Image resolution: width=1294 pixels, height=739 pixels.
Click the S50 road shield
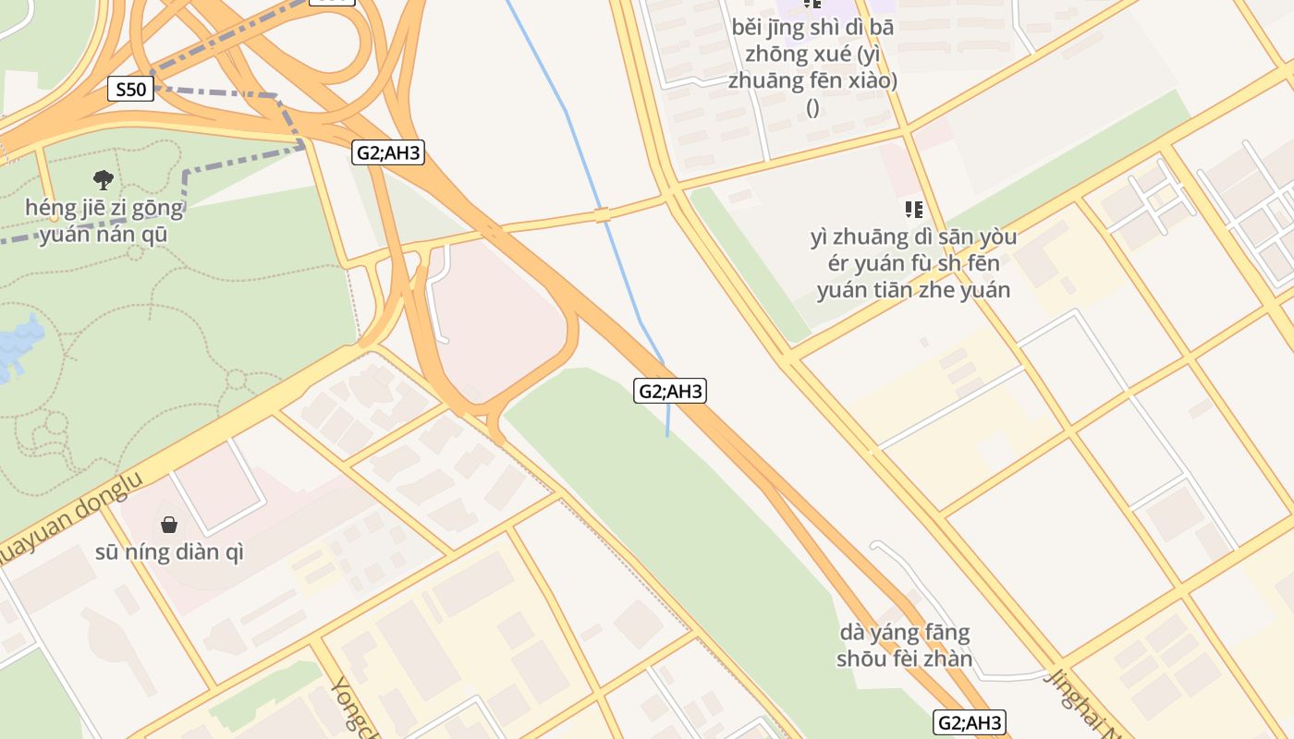coord(130,90)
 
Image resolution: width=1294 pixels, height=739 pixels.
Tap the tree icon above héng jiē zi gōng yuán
coord(104,179)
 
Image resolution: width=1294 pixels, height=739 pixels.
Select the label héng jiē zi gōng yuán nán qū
coord(104,222)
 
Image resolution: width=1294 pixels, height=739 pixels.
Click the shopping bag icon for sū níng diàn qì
coord(169,525)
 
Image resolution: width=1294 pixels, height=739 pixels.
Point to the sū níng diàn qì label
coord(169,552)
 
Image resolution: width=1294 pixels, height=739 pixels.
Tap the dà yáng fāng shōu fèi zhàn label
coord(904,646)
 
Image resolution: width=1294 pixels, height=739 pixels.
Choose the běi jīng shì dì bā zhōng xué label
coord(812,54)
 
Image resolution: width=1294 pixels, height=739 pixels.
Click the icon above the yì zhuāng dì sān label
coord(914,210)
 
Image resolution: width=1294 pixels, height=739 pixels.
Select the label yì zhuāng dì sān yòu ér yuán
coord(913,263)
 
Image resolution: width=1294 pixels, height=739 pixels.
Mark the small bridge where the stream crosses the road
coord(603,215)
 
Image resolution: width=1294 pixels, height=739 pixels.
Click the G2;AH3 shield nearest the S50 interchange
coord(388,152)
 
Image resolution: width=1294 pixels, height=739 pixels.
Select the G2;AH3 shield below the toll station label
coord(970,722)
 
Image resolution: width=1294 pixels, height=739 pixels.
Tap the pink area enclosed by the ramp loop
coord(494,319)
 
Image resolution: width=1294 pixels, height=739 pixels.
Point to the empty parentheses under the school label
coord(812,108)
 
